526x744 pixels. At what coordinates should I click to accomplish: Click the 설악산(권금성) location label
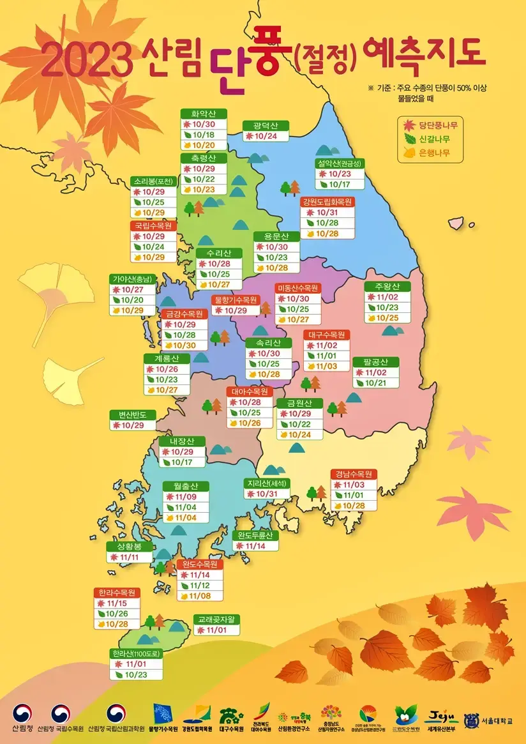pyautogui.click(x=339, y=163)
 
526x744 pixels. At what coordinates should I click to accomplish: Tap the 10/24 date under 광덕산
pyautogui.click(x=266, y=136)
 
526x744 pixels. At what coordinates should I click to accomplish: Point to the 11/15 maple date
pyautogui.click(x=117, y=603)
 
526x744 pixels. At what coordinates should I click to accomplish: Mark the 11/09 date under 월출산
pyautogui.click(x=186, y=496)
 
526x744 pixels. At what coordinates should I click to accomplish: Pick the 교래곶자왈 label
pyautogui.click(x=216, y=619)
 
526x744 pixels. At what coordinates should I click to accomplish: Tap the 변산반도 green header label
pyautogui.click(x=132, y=414)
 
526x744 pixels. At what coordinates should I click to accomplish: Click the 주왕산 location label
pyautogui.click(x=382, y=285)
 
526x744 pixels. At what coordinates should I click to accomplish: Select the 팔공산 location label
pyautogui.click(x=376, y=361)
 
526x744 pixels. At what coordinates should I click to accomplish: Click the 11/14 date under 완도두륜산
pyautogui.click(x=255, y=546)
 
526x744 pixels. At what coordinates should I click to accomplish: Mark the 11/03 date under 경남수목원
pyautogui.click(x=354, y=485)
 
